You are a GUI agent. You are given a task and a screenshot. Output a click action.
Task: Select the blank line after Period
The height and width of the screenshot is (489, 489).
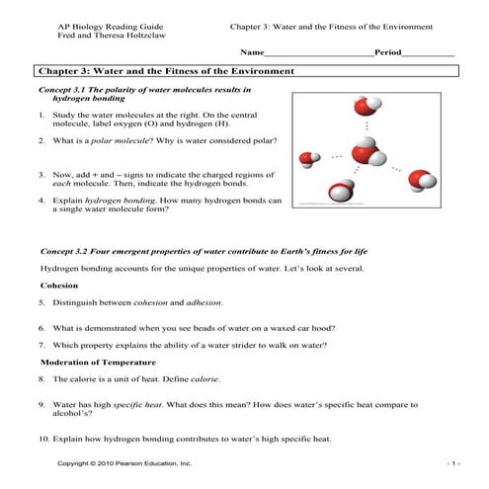pos(428,52)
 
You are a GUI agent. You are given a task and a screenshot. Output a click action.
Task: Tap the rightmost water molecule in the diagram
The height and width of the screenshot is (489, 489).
pos(423,180)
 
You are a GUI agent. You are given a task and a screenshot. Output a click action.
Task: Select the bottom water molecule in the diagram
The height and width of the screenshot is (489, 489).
pos(342,189)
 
